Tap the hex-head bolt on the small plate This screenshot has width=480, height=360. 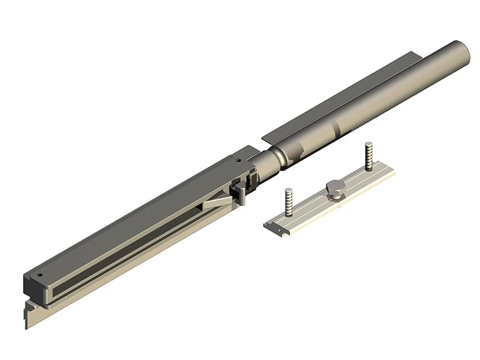pos(335,188)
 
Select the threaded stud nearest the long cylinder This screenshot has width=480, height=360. pos(368,155)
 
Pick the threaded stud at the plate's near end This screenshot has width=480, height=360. pos(288,200)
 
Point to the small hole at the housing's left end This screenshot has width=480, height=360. pos(40,276)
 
